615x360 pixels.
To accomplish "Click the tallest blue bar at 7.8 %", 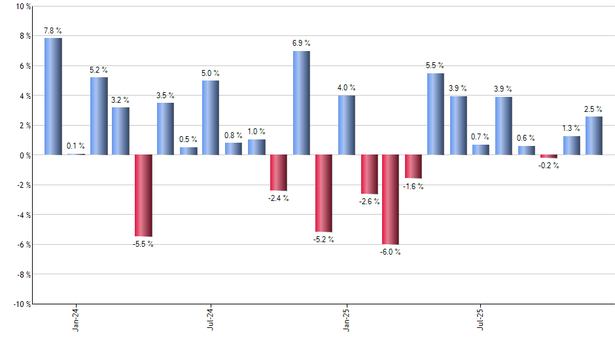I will pos(53,96).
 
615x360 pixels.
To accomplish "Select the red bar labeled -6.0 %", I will pos(391,199).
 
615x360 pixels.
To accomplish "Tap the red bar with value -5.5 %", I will pos(143,195).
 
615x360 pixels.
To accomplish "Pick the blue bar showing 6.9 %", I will pos(301,103).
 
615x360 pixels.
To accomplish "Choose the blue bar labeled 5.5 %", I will pos(435,114).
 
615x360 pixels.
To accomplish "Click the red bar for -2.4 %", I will pos(279,173).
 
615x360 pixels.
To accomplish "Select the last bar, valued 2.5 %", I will pos(593,135).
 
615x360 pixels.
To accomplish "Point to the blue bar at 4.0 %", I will pos(347,125).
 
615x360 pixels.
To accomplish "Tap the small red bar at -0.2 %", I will pos(548,156).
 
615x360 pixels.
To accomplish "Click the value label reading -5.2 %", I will pos(323,240).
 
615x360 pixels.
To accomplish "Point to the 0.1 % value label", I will pos(75,146).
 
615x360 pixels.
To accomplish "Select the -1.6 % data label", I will pos(413,187).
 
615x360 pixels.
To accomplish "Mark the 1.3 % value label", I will pos(571,128).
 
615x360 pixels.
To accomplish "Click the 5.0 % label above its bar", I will pos(211,73).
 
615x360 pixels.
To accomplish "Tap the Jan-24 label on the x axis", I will pos(76,319).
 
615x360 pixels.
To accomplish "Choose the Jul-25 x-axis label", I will pos(480,319).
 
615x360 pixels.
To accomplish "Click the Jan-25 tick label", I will pos(346,319).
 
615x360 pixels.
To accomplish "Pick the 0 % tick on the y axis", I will pos(24,155).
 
